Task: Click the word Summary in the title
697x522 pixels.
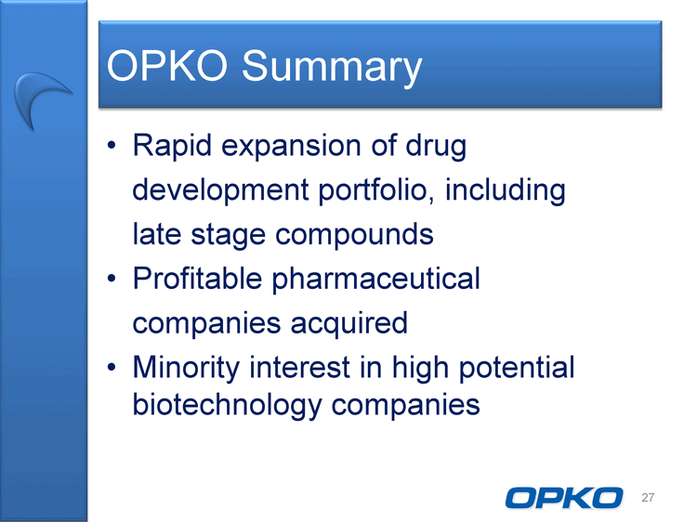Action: pos(332,66)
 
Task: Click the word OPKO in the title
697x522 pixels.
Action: pos(167,65)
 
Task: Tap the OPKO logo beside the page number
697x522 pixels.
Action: pos(564,498)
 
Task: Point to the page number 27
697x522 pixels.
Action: pos(648,498)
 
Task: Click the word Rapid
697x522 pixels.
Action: pos(172,146)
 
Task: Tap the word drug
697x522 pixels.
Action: pos(436,146)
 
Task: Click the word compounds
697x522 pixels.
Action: pos(354,234)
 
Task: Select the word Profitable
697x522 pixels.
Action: pos(197,279)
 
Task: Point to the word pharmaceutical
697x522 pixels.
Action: pos(376,280)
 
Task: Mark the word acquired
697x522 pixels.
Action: pos(348,324)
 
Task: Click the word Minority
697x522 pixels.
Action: pos(186,369)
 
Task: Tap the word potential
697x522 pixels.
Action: pos(517,369)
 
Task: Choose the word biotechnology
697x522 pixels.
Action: pos(227,405)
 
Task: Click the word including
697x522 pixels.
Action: pos(505,190)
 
